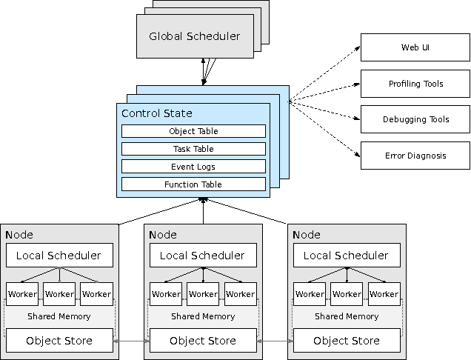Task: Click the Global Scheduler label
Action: coord(194,36)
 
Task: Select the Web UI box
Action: coord(415,48)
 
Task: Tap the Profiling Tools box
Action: coord(415,84)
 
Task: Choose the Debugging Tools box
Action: coord(415,119)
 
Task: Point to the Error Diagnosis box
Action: coord(415,156)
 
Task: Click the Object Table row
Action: coord(193,131)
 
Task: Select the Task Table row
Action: coord(193,149)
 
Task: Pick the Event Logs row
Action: coord(193,167)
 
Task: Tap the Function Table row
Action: coord(193,184)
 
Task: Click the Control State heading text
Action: coord(156,113)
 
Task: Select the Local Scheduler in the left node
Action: coord(59,256)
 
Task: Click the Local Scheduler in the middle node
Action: coord(203,256)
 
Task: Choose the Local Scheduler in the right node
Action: coord(347,256)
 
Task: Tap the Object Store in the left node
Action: coord(59,341)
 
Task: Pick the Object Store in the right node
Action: coord(347,341)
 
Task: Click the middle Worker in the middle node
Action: coord(203,294)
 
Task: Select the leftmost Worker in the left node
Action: coord(22,294)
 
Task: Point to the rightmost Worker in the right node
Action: coord(384,294)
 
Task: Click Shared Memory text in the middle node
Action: coord(203,316)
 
